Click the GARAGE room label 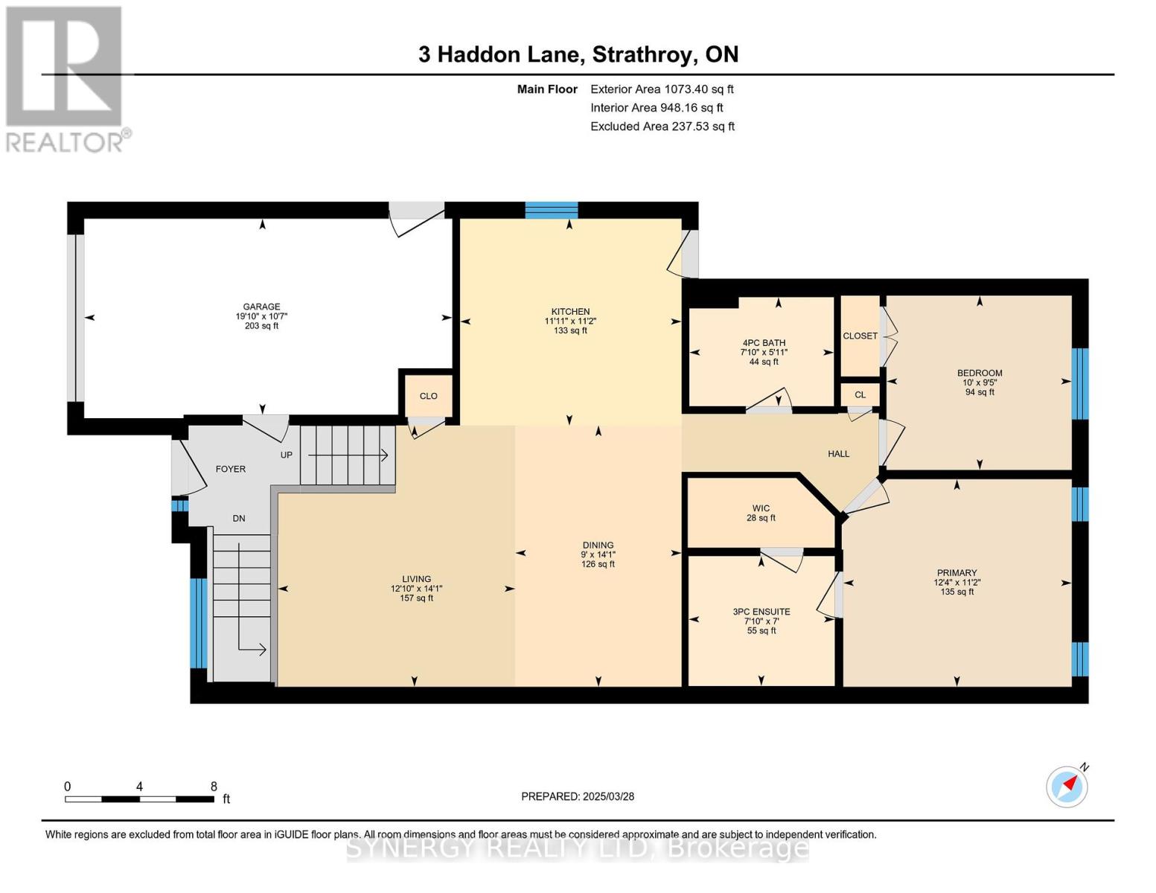click(x=261, y=307)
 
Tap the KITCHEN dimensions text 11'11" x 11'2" click(x=570, y=321)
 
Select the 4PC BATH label click(x=763, y=343)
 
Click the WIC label click(x=761, y=509)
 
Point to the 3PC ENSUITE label click(x=761, y=612)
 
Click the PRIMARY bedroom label click(x=957, y=573)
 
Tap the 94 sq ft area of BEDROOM click(x=980, y=392)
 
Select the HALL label click(x=838, y=454)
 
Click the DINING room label click(x=598, y=545)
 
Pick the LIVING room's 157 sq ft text click(x=416, y=598)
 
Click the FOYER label click(x=230, y=470)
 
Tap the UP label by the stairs click(x=286, y=455)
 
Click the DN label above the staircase click(x=238, y=519)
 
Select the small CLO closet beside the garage click(x=428, y=396)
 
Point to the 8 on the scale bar click(x=214, y=787)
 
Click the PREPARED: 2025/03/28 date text click(x=578, y=796)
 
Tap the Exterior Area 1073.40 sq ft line click(x=662, y=89)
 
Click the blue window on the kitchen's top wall click(x=551, y=210)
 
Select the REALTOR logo click(x=66, y=78)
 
